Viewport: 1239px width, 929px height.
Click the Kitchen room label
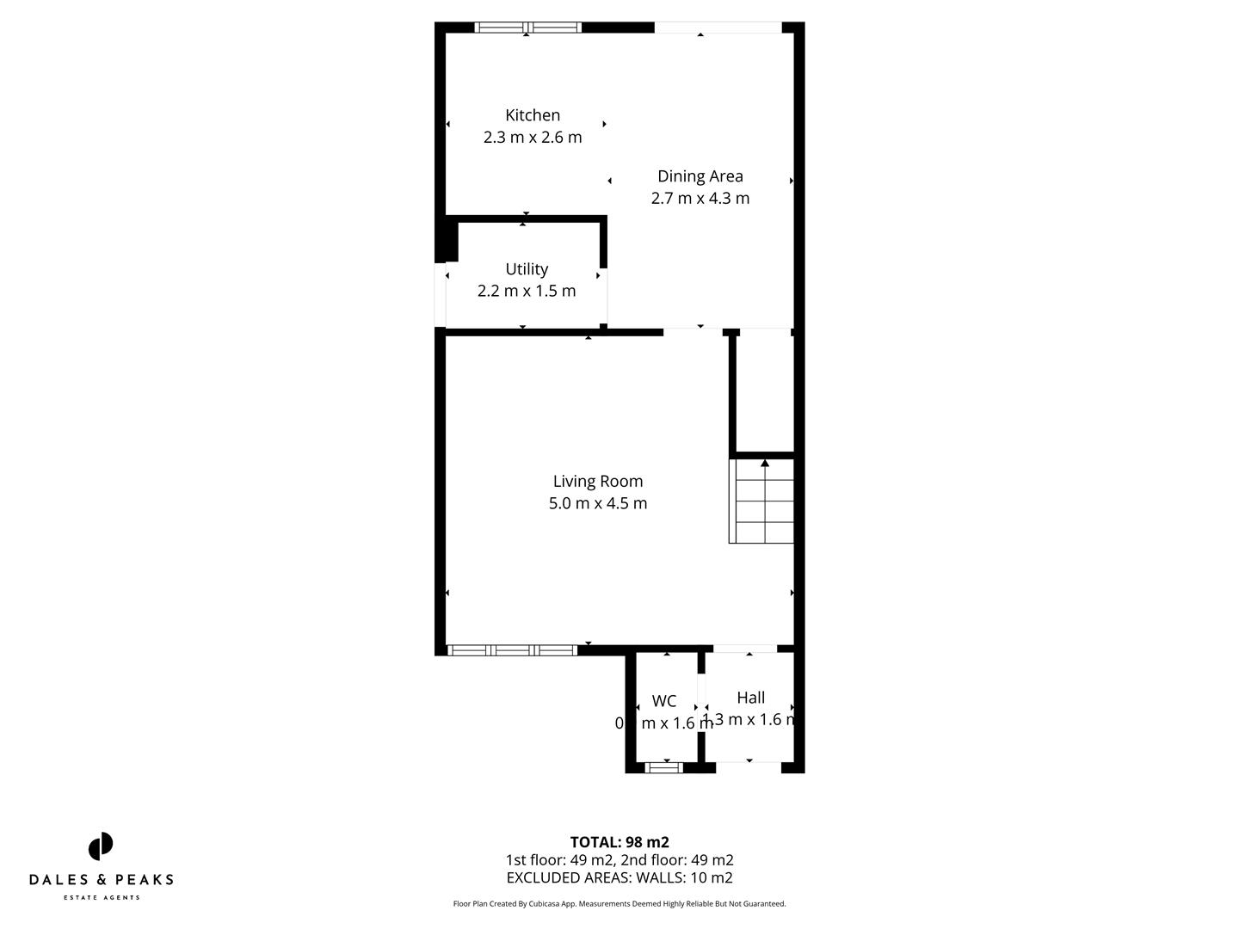533,115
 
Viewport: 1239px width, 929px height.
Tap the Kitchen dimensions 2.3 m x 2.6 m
533,137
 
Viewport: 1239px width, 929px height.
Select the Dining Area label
700,176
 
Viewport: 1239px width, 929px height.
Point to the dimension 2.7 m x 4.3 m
700,198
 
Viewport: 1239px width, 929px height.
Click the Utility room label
527,269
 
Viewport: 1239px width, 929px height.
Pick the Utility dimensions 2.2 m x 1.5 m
527,291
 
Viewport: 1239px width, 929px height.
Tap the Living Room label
598,482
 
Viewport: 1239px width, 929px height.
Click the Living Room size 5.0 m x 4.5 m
598,503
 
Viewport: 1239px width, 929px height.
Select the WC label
664,701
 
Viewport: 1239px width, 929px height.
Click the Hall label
751,698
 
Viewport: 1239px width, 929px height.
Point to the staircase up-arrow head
765,464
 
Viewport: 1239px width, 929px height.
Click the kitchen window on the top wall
528,28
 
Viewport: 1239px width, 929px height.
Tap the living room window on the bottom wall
513,650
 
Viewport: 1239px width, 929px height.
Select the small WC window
663,767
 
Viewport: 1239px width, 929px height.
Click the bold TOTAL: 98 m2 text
619,842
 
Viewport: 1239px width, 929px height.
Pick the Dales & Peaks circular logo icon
101,846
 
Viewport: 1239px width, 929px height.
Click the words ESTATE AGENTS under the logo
102,898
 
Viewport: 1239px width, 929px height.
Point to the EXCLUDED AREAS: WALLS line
619,878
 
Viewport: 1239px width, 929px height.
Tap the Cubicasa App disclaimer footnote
619,904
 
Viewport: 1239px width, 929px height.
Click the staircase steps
762,503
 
